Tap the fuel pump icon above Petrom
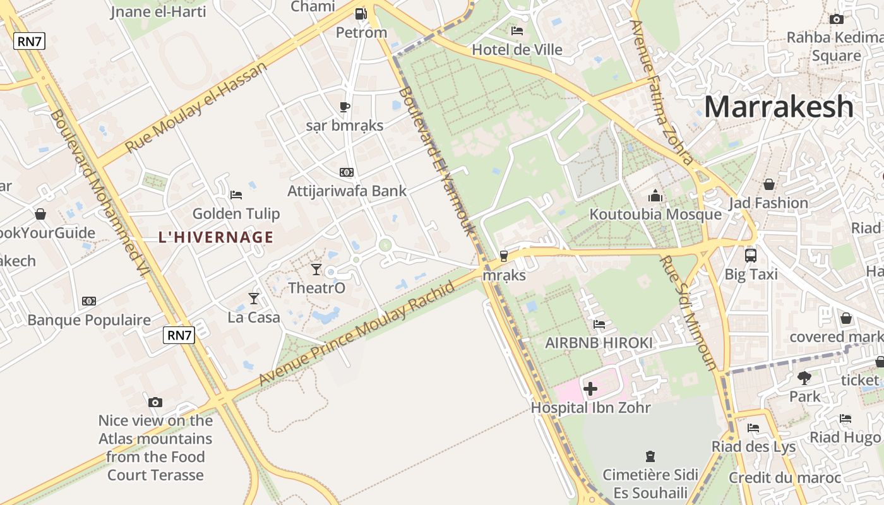tap(361, 13)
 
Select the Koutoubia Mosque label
tap(655, 215)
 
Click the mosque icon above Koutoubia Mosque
tap(655, 196)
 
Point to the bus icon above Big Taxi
tap(751, 256)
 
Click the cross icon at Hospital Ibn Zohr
tap(590, 389)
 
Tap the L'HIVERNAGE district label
tap(216, 237)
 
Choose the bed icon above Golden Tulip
tap(236, 194)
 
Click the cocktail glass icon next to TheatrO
tap(316, 270)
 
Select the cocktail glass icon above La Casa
tap(254, 298)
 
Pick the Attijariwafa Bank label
tap(347, 191)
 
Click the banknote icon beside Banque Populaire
tap(89, 301)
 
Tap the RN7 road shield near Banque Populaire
tap(179, 335)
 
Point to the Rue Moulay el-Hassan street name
tap(196, 107)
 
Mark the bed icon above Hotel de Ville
tap(517, 30)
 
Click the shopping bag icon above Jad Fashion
tap(769, 184)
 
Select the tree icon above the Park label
tap(804, 378)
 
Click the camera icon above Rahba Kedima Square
tap(837, 19)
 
